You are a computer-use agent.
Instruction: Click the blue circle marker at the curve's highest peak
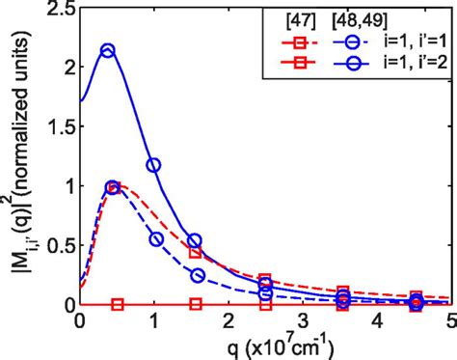[x=108, y=51]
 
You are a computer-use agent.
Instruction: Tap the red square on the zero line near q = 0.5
[x=118, y=304]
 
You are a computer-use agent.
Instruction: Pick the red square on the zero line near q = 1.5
[x=196, y=304]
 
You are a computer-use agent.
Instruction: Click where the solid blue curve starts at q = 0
[x=81, y=100]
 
